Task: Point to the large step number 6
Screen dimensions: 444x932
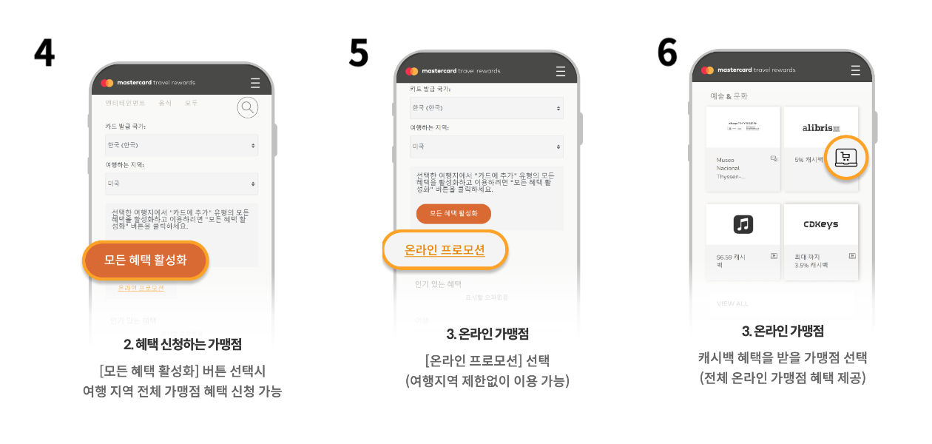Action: [x=667, y=51]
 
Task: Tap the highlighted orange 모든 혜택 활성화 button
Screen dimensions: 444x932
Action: [x=146, y=260]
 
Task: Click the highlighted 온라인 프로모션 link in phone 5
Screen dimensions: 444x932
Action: [x=445, y=250]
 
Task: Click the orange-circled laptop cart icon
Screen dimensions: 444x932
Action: [x=845, y=157]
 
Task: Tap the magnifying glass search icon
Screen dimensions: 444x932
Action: [x=248, y=108]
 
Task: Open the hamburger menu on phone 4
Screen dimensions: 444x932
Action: [x=255, y=83]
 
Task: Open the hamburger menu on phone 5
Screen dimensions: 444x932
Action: [x=561, y=71]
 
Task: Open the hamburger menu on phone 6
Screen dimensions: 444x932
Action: [x=856, y=70]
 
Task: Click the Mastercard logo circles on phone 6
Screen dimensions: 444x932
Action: [x=708, y=70]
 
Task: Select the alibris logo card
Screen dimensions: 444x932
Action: [x=821, y=128]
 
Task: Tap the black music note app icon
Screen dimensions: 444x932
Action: [x=743, y=224]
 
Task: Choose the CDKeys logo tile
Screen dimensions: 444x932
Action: [x=821, y=224]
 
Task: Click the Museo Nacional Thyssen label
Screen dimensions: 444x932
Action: [x=731, y=168]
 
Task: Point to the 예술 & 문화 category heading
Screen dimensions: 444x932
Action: [x=729, y=96]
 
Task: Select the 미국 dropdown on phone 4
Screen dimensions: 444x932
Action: [x=181, y=184]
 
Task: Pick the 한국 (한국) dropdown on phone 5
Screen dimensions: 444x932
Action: [x=487, y=108]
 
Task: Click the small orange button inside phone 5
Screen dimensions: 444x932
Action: [x=453, y=213]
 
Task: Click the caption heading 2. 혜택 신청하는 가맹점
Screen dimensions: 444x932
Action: [x=182, y=344]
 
